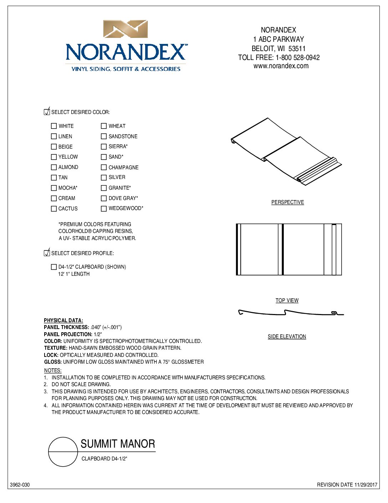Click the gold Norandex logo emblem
125,29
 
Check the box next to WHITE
54,126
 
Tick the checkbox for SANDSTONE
104,136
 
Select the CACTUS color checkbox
54,209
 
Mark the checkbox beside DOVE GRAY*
104,198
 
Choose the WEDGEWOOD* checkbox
104,209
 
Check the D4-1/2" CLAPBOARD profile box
54,267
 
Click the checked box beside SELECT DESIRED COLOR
47,112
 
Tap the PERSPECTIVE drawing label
287,202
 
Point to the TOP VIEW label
287,300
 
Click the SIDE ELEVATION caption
287,337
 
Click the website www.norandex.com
281,66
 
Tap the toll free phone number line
279,58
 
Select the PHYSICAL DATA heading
63,320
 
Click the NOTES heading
53,370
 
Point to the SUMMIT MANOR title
118,444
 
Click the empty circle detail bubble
63,452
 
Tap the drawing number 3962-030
20,485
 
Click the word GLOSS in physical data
53,362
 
